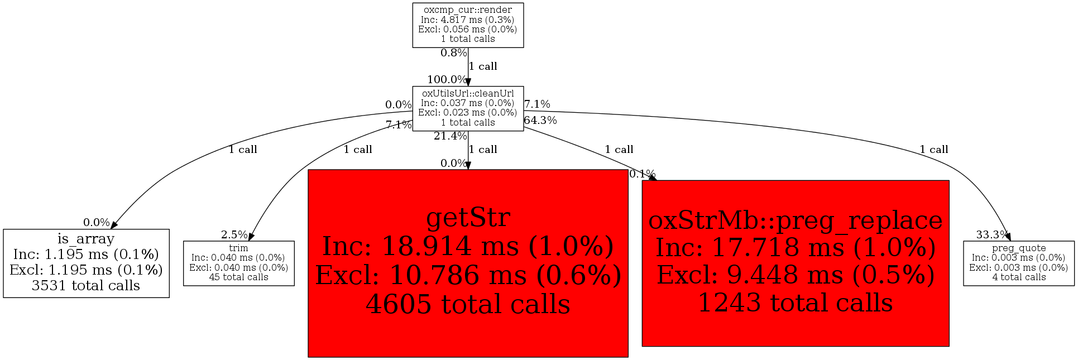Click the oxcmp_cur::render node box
coord(468,25)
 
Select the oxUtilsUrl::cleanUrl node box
coord(468,108)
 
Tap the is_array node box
coord(86,263)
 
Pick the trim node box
coord(239,263)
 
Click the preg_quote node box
coord(1019,263)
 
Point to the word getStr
coord(468,217)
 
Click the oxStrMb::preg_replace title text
coord(796,220)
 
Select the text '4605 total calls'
coord(468,304)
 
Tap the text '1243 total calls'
coord(796,303)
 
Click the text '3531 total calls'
coord(86,285)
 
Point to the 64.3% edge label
coord(540,120)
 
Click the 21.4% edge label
coord(451,136)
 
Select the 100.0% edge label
coord(447,79)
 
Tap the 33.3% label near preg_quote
coord(993,234)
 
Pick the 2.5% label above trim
coord(234,234)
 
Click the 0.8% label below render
coord(454,53)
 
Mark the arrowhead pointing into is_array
coord(114,224)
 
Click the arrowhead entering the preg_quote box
coord(1008,237)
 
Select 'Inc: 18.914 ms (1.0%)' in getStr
coord(468,246)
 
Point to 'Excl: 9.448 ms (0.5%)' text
coord(796,275)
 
